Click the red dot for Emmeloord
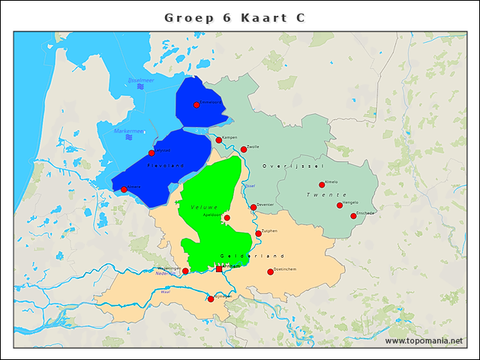click(196, 105)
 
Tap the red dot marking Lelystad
click(151, 153)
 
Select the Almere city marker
click(124, 190)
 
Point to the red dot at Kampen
click(219, 140)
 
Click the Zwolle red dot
click(244, 149)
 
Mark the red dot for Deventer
click(253, 207)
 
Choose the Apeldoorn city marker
click(227, 218)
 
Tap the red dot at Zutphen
click(259, 233)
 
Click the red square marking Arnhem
click(219, 268)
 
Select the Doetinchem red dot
click(271, 271)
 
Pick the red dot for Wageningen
click(185, 271)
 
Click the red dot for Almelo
click(322, 184)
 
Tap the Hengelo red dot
click(340, 205)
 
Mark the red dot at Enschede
click(353, 216)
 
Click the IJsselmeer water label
click(140, 79)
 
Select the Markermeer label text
click(127, 130)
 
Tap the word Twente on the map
click(326, 194)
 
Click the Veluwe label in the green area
click(203, 206)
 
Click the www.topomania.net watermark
click(424, 341)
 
